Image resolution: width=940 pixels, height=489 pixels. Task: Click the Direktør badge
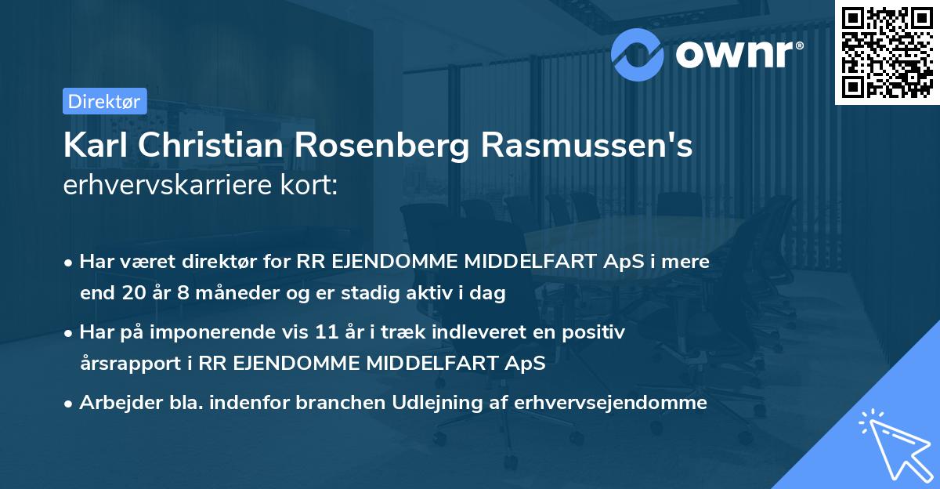coord(104,101)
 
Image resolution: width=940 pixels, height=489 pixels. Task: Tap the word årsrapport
coord(136,364)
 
